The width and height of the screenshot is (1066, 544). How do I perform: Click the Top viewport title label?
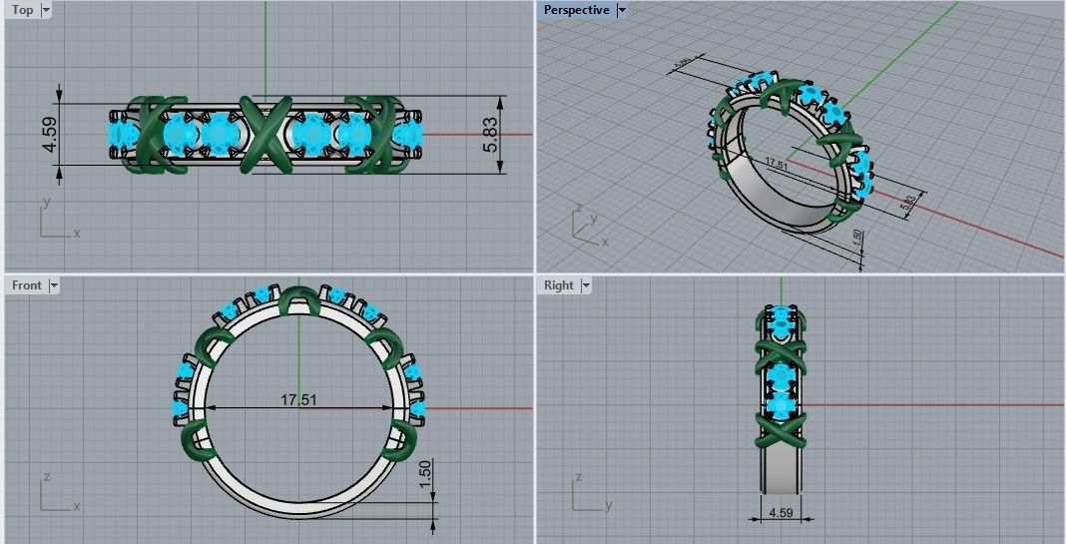[x=22, y=10]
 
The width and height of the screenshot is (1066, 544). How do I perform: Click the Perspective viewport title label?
[x=576, y=10]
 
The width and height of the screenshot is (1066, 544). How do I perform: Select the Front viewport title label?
[x=27, y=285]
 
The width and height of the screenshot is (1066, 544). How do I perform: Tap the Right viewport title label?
[x=559, y=285]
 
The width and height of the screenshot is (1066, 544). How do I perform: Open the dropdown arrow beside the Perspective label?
[x=621, y=10]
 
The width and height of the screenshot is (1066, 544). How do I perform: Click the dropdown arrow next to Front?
[x=54, y=285]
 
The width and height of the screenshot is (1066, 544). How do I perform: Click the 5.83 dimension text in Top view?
[x=489, y=135]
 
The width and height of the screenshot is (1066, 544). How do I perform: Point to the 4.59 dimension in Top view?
[x=49, y=135]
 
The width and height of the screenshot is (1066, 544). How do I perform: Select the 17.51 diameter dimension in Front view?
[x=297, y=400]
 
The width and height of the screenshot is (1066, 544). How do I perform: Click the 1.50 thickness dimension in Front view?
[x=426, y=474]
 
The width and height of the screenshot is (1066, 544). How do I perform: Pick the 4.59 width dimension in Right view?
[x=781, y=513]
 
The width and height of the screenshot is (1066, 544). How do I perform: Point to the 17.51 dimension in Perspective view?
[x=776, y=164]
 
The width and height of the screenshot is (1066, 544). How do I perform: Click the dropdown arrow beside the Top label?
[x=46, y=10]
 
